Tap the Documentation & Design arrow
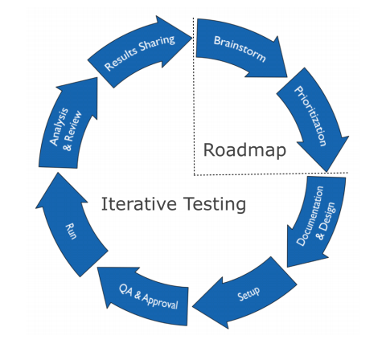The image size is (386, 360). click(x=316, y=219)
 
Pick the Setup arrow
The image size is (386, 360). click(x=248, y=293)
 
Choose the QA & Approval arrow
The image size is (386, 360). click(x=146, y=296)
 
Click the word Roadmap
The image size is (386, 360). click(x=244, y=150)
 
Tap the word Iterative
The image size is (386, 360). click(x=139, y=204)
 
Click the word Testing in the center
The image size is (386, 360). click(x=215, y=204)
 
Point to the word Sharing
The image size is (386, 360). click(x=158, y=44)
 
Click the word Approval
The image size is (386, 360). click(x=160, y=301)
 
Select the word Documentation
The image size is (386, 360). click(x=310, y=216)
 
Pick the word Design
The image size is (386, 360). click(x=327, y=216)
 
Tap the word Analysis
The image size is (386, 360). click(x=60, y=126)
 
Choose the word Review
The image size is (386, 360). click(x=73, y=125)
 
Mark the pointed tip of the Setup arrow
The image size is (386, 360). click(x=192, y=307)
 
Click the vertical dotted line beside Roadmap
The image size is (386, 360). click(x=194, y=96)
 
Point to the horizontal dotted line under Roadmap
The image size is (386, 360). click(x=271, y=174)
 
